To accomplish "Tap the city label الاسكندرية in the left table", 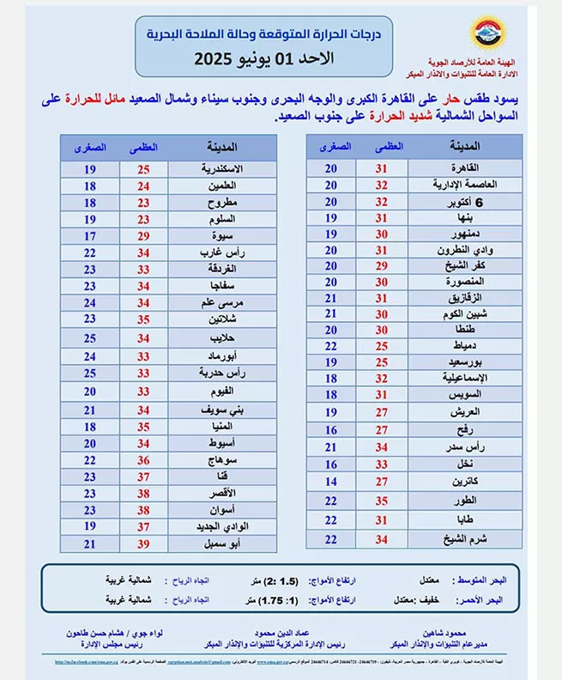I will pyautogui.click(x=221, y=168).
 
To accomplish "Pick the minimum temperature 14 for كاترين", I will pyautogui.click(x=331, y=482).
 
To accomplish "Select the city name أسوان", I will pyautogui.click(x=221, y=509).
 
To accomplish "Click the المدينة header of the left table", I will pyautogui.click(x=222, y=147).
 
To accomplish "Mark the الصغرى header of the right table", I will pyautogui.click(x=331, y=147).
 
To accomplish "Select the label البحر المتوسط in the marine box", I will pyautogui.click(x=480, y=580).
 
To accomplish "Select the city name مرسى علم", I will pyautogui.click(x=221, y=303).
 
